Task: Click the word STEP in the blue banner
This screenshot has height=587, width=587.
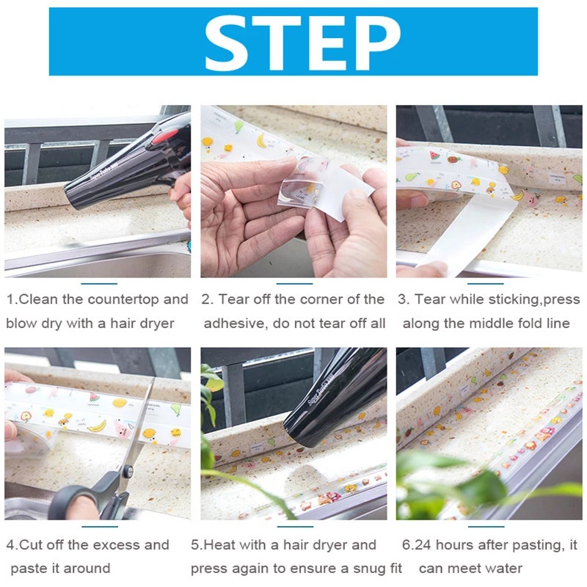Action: pos(302,44)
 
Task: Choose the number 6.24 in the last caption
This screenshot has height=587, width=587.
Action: pos(416,545)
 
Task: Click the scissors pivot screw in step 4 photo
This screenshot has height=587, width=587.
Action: pos(128,472)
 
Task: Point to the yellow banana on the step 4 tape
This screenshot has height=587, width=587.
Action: pos(97,426)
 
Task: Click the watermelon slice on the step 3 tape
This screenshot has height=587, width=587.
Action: pos(434,155)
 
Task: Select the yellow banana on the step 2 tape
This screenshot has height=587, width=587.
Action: pos(261,140)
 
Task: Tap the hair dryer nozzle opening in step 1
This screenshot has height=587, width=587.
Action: pos(73,197)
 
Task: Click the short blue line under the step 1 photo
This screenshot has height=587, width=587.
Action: pos(99,284)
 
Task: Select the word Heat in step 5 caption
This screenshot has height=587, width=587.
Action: pos(220,545)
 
